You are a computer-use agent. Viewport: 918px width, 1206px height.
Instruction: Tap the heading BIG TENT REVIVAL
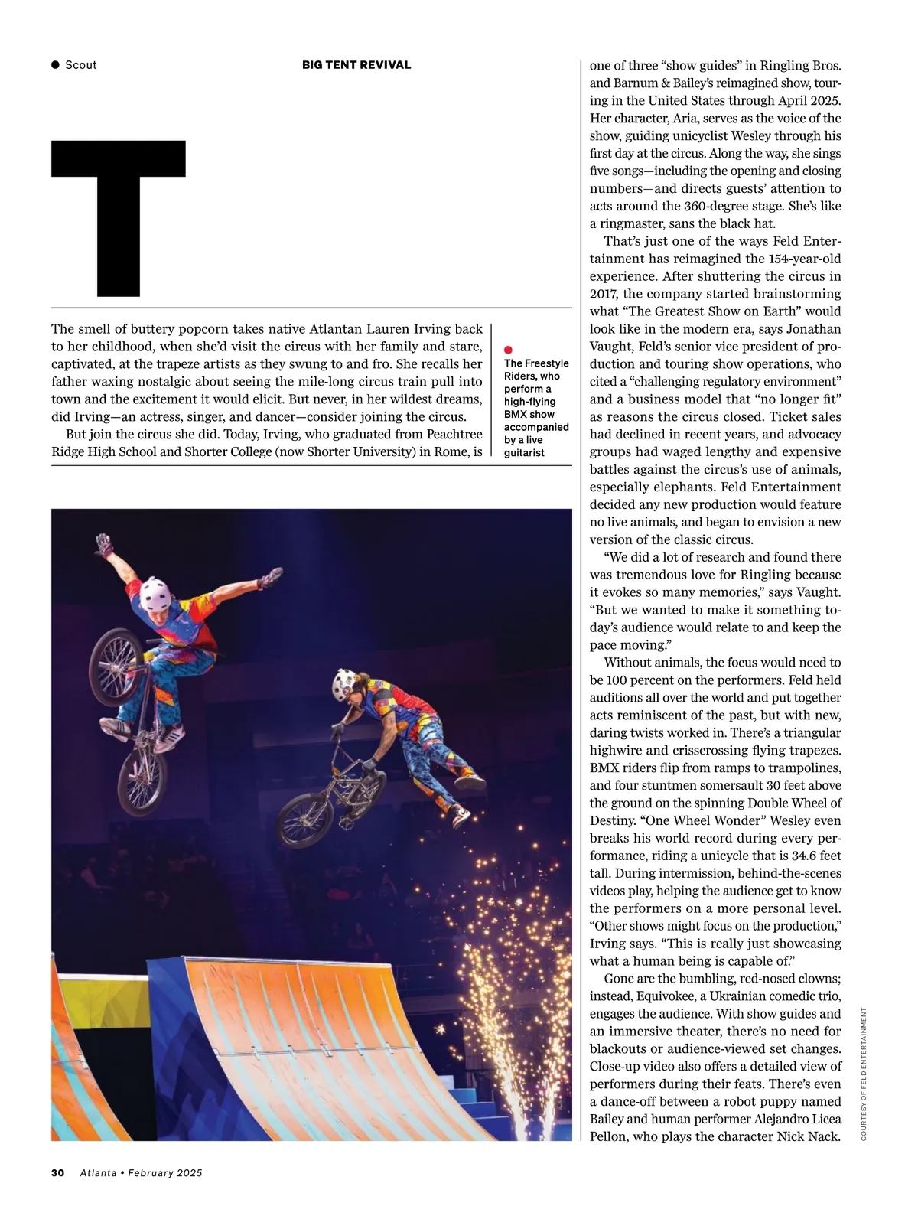356,65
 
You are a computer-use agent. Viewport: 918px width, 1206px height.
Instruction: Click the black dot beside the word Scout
55,65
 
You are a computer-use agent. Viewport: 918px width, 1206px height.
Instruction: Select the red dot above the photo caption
509,350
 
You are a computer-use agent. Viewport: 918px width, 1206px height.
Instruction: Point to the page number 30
57,1172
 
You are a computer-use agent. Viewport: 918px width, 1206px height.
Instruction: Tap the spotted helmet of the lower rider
346,686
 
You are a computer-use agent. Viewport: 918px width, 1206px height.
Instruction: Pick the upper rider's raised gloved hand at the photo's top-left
103,545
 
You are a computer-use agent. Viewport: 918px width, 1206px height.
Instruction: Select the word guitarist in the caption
524,452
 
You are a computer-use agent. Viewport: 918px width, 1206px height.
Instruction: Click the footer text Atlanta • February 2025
141,1172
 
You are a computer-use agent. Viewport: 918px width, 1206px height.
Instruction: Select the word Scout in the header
81,65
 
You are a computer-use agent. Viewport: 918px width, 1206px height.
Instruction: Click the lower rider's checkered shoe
461,815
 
